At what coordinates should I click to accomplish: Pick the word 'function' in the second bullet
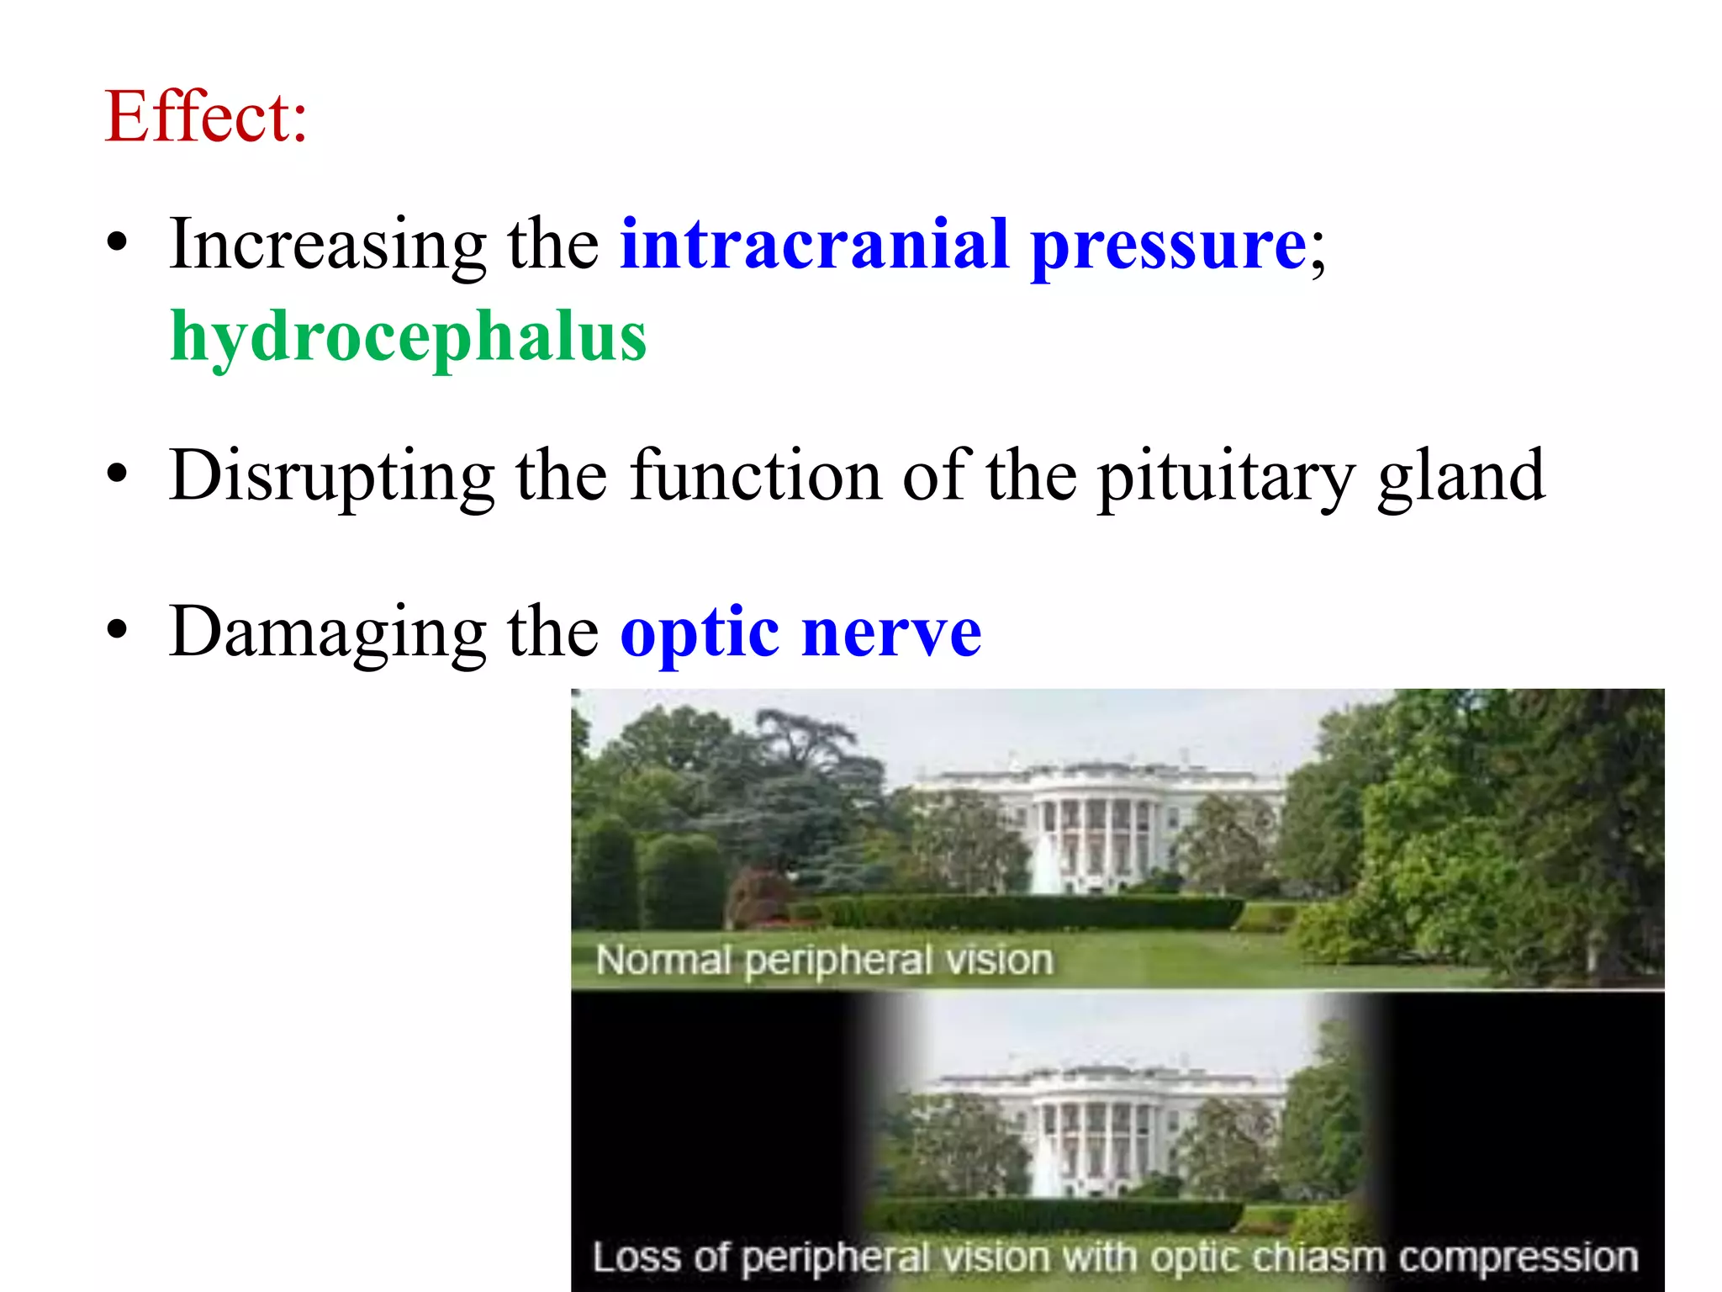point(756,475)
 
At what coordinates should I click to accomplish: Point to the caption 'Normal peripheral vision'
point(824,960)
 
